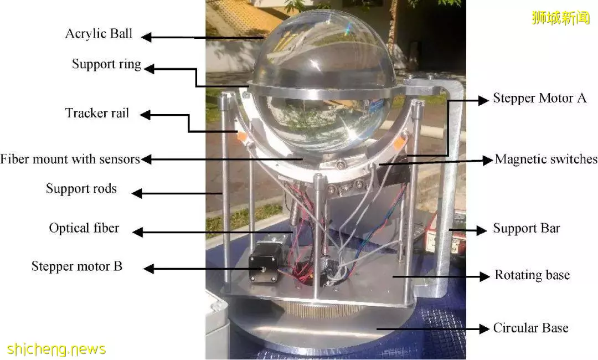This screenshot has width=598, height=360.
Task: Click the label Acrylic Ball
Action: click(99, 34)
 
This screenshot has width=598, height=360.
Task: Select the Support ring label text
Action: click(106, 64)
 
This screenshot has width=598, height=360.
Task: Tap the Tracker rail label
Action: click(97, 113)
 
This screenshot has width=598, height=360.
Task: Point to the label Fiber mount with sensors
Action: click(70, 159)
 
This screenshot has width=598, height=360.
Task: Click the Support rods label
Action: click(81, 188)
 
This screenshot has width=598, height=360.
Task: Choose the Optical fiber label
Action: click(84, 228)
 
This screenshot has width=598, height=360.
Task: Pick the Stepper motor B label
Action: click(76, 266)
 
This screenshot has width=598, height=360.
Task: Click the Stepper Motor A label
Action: click(540, 98)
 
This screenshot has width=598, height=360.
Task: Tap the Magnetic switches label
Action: click(546, 159)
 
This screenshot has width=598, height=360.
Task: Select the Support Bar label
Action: click(527, 228)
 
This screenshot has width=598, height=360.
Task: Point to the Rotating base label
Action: click(532, 275)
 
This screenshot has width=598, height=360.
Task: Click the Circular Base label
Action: click(530, 328)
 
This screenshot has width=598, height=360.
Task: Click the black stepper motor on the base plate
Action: click(263, 263)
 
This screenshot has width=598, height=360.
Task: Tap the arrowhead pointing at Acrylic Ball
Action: click(146, 37)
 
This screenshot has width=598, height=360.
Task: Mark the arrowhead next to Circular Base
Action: click(484, 328)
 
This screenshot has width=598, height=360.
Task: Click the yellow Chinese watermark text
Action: click(560, 18)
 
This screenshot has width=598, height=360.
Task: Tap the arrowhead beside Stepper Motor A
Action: click(483, 100)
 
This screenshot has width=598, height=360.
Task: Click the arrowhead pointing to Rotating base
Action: click(484, 276)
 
